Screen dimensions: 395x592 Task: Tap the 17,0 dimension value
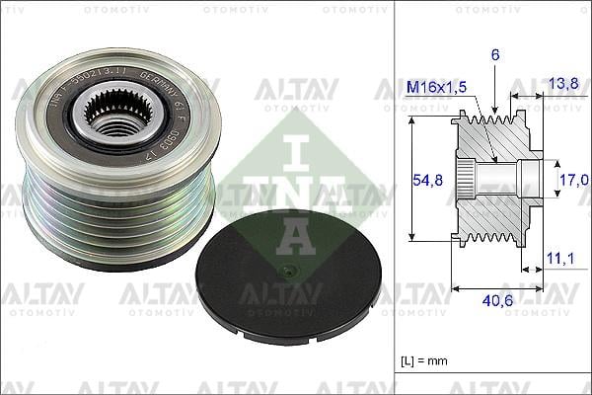(x=573, y=180)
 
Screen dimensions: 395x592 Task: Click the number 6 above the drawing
(x=494, y=57)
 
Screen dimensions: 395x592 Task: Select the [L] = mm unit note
(x=422, y=361)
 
